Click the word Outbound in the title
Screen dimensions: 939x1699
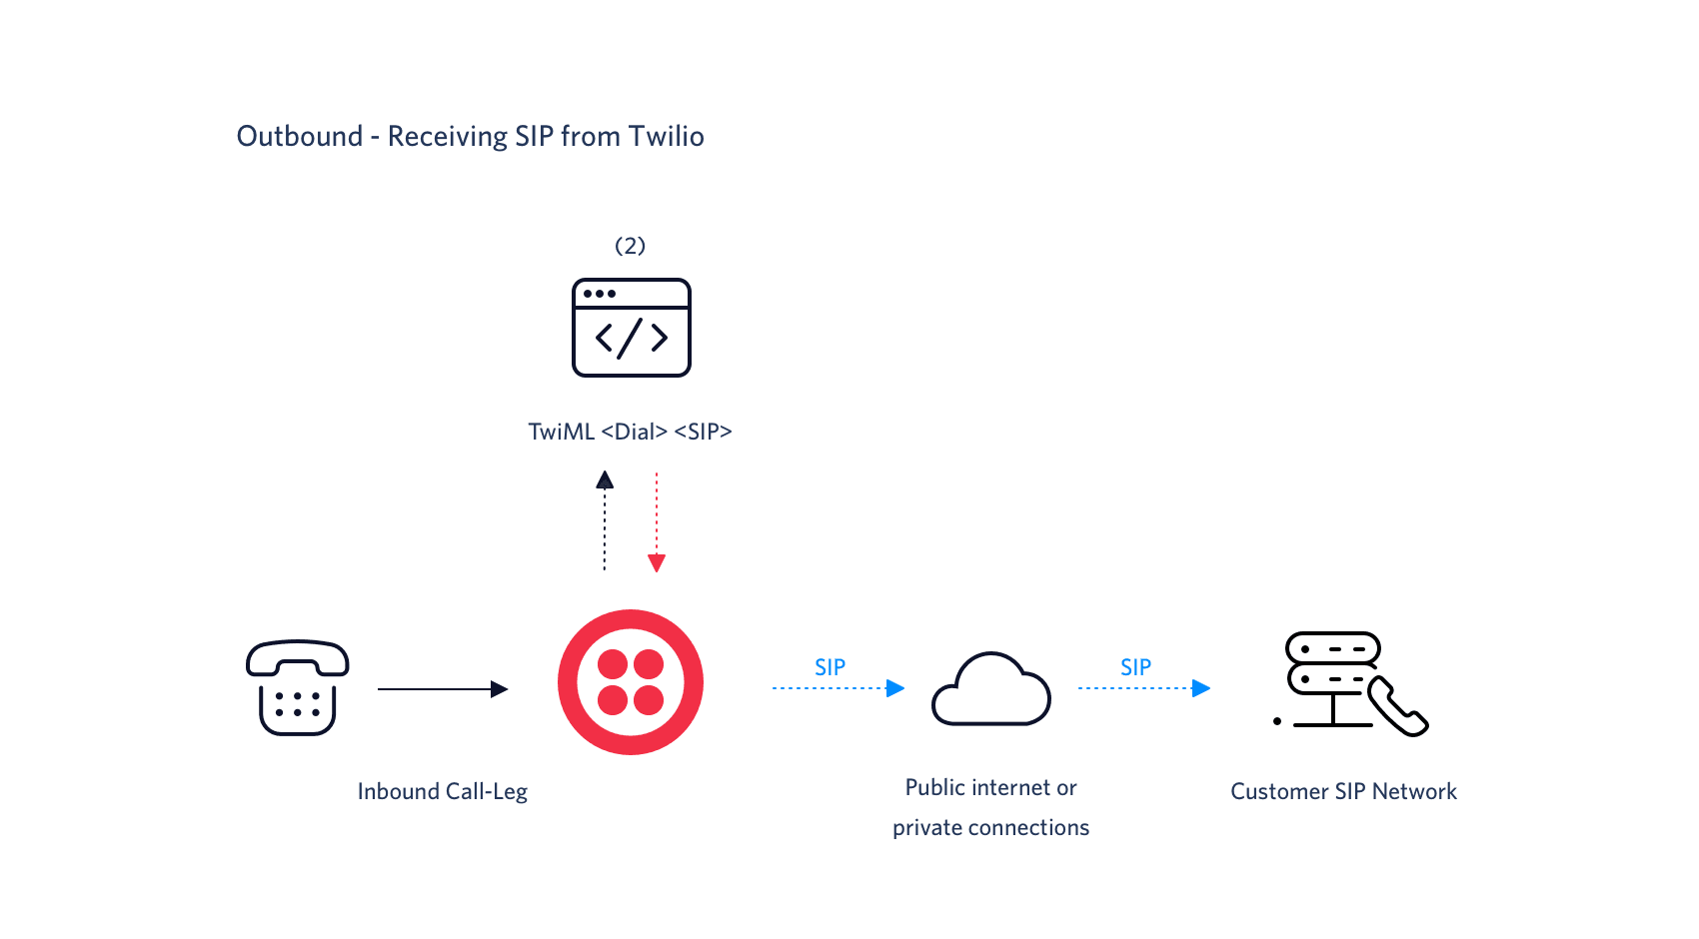coord(299,136)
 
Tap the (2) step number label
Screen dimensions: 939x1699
coord(630,246)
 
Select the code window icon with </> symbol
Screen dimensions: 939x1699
coord(631,329)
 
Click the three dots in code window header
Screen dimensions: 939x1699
coord(599,294)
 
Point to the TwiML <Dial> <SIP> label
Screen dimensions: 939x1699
coord(630,432)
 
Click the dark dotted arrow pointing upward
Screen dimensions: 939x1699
coord(605,519)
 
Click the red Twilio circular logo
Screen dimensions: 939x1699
coord(631,682)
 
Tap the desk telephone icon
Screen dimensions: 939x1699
coord(297,688)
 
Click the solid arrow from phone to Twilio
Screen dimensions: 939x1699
coord(442,689)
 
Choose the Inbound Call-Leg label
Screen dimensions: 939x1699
coord(442,791)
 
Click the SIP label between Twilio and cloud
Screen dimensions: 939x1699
coord(830,667)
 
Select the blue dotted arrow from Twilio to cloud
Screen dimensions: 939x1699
coord(838,688)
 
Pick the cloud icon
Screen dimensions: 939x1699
coord(990,690)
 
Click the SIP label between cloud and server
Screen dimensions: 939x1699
coord(1135,667)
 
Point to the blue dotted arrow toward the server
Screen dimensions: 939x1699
coord(1143,688)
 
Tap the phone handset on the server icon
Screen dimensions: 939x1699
coord(1398,707)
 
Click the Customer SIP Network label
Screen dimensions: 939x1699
coord(1343,791)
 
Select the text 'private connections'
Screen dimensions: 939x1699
coord(990,828)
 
